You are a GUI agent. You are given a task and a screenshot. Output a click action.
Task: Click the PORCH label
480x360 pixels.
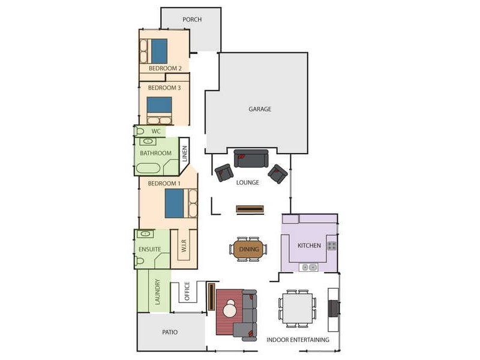tap(192, 20)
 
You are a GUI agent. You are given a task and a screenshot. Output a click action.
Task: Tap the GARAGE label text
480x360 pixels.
tap(260, 109)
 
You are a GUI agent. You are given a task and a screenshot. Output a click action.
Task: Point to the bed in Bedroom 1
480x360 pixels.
tap(175, 203)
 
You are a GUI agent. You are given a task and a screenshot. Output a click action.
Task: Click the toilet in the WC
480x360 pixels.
tap(140, 131)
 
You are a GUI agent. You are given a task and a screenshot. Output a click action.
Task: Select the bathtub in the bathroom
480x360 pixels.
tap(148, 167)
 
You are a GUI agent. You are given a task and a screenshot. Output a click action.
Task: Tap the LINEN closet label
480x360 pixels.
tap(185, 154)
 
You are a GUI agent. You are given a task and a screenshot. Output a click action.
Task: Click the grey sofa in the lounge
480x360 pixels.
tap(251, 158)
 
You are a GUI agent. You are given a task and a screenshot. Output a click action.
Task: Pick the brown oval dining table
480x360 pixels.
tap(247, 249)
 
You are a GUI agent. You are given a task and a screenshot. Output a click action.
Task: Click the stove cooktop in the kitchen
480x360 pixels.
tap(331, 245)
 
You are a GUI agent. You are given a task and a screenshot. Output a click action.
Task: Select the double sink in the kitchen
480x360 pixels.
tap(310, 267)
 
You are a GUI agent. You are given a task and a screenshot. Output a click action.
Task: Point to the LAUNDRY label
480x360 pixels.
tap(158, 292)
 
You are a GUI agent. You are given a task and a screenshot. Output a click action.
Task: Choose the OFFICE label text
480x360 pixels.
tap(187, 292)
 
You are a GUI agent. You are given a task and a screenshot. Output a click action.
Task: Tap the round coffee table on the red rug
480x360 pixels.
tap(230, 310)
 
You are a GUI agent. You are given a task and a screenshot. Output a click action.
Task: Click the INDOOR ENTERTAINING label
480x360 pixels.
tap(298, 340)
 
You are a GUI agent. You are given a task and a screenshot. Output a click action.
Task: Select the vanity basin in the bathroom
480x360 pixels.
tap(147, 141)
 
